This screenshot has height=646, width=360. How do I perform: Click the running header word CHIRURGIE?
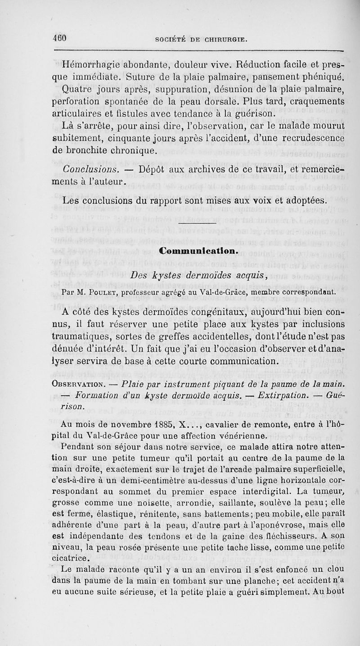coord(222,39)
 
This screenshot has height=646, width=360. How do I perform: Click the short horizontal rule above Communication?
coord(198,223)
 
